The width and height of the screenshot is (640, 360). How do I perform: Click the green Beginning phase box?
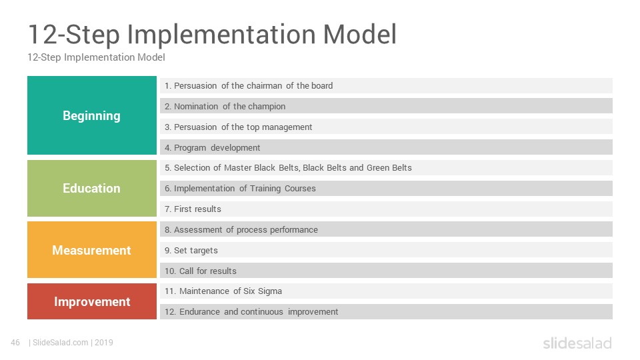point(92,115)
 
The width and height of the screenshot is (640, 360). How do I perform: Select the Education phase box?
point(92,188)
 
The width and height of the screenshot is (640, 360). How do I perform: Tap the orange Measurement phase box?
point(92,250)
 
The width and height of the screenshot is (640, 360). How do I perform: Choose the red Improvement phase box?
point(92,301)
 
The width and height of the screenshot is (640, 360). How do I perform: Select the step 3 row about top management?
point(386,127)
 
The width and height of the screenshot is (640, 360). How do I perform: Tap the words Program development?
point(217,148)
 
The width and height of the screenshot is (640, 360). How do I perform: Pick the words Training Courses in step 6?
point(283,189)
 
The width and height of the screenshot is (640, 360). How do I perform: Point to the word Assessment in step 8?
point(198,230)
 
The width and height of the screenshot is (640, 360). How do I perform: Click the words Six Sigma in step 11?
point(263,291)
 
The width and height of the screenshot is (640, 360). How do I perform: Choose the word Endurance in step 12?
point(199,312)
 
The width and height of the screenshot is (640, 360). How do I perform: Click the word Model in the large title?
point(359,34)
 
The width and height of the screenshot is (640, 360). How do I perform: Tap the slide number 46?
point(15,343)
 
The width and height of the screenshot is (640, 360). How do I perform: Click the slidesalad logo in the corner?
point(577,343)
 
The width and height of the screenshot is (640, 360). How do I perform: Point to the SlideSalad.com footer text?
point(61,343)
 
